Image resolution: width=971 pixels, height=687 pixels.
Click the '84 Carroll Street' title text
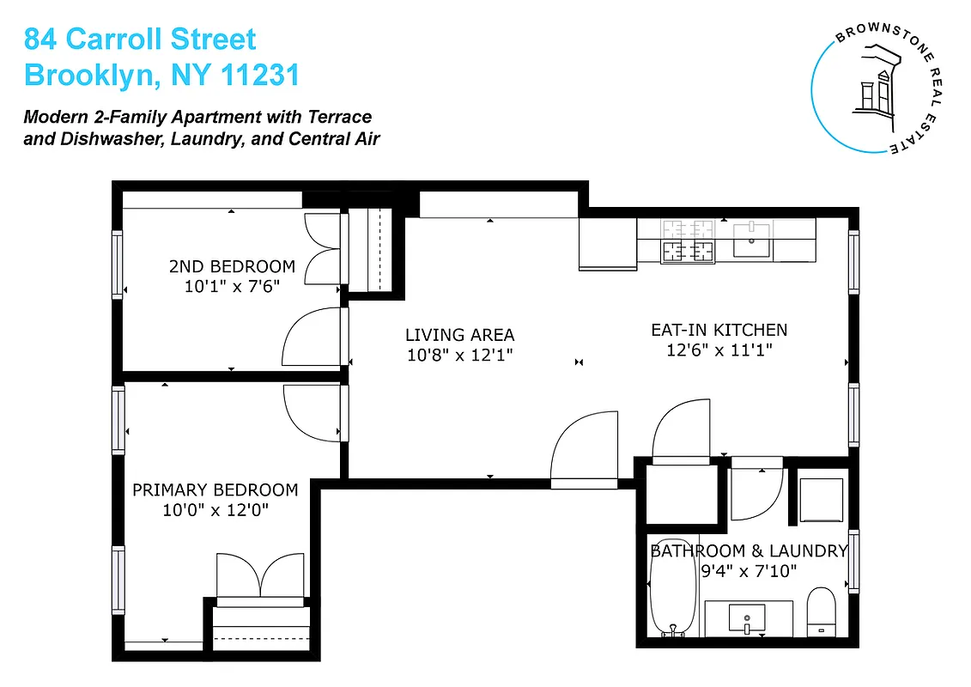[x=140, y=39]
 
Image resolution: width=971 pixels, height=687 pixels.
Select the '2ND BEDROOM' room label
[x=231, y=267]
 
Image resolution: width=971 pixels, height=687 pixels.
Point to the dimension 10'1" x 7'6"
[x=231, y=287]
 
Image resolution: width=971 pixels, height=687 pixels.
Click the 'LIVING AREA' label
[x=459, y=335]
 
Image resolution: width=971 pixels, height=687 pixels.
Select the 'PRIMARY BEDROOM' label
[x=215, y=490]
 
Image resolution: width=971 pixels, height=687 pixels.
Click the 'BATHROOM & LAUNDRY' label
[x=748, y=551]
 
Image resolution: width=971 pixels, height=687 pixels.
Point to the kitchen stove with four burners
[x=688, y=240]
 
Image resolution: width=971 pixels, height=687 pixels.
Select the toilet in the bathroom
[x=822, y=611]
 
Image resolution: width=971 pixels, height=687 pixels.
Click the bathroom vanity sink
[x=747, y=617]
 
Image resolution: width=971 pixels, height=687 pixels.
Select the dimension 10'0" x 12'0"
[x=215, y=510]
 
